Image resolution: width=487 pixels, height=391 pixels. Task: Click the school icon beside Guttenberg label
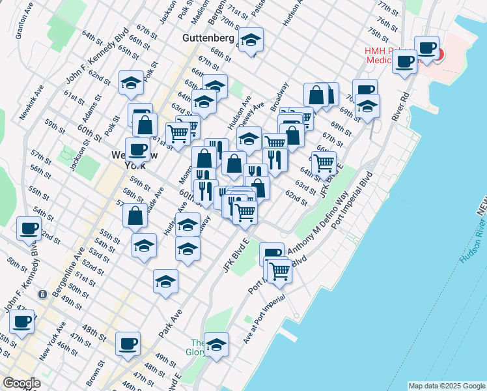pyautogui.click(x=251, y=40)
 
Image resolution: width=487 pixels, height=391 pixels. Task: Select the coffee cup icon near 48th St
pyautogui.click(x=128, y=343)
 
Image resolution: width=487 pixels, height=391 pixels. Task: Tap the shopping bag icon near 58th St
pyautogui.click(x=135, y=216)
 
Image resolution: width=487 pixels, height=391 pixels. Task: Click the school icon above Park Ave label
pyautogui.click(x=166, y=281)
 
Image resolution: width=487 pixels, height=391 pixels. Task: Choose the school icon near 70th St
pyautogui.click(x=367, y=106)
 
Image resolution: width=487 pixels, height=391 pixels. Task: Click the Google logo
pyautogui.click(x=21, y=383)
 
